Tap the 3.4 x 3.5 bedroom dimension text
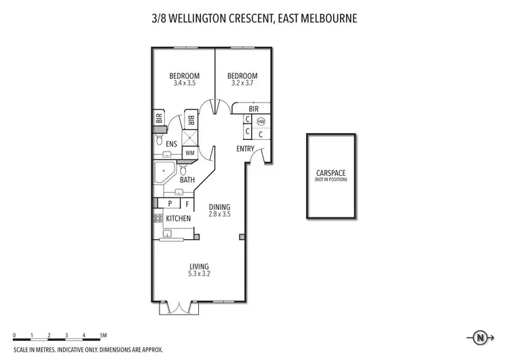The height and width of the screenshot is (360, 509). pos(184,83)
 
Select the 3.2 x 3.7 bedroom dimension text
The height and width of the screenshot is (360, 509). pos(242,83)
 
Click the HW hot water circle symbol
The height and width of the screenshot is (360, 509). pos(261,122)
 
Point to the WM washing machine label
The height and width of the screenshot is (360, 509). pos(189,154)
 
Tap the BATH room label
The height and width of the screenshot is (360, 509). pos(188,180)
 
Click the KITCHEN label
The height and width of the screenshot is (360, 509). pos(178,218)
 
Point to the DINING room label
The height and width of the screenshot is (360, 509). pos(219,208)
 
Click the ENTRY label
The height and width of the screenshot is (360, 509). pos(245,149)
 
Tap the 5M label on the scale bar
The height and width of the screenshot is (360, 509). pos(102,335)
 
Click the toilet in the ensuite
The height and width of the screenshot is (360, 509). pos(159,142)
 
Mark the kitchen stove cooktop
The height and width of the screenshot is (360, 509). pos(157,218)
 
